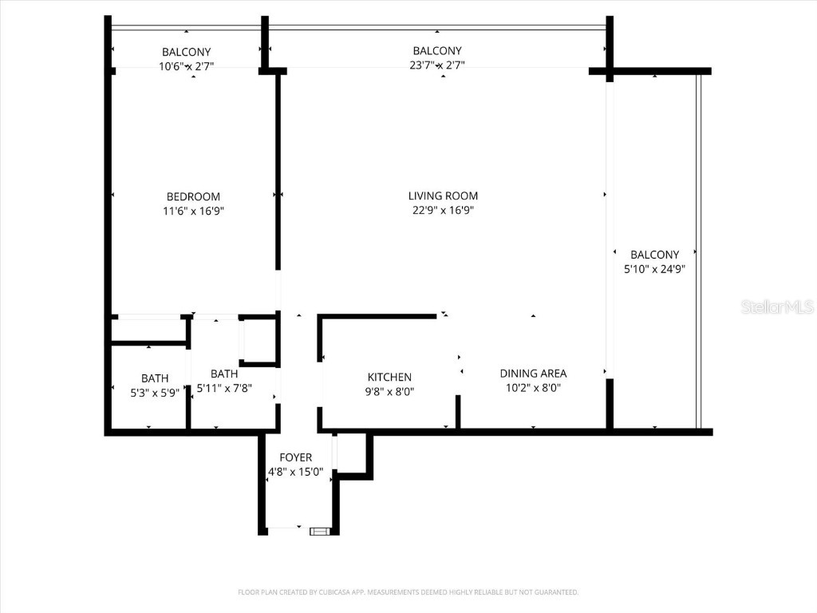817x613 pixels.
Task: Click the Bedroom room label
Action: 193,196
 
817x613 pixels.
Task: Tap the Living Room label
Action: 443,196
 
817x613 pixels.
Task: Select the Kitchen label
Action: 389,377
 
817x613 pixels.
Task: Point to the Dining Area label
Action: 533,373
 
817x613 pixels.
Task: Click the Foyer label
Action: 295,457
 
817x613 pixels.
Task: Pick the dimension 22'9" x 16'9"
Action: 443,211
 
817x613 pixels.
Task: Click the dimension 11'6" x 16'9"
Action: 193,212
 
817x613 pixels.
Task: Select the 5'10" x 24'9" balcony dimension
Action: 654,270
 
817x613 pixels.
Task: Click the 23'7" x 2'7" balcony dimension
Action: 436,65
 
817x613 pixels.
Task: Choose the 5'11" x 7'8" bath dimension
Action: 224,388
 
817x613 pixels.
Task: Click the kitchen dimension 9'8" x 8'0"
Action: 389,391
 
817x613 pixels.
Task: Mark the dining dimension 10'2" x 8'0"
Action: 533,388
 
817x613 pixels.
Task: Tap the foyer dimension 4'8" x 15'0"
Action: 295,472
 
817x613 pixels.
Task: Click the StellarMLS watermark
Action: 776,306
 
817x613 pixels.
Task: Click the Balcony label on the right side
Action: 654,255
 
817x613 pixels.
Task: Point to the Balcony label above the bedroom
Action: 186,52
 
